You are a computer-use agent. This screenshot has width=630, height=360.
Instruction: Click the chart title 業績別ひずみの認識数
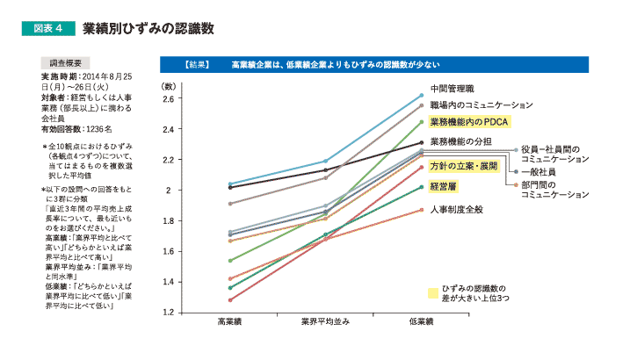coord(148,28)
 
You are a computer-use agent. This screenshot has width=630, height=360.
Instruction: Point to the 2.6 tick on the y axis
coord(170,98)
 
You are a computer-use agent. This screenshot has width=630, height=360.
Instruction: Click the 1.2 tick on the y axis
coord(170,313)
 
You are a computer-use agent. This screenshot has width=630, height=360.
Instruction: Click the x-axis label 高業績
coord(230,325)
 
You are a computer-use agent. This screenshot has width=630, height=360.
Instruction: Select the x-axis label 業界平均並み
coord(325,325)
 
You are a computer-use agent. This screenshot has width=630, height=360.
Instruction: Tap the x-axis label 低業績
coord(422,325)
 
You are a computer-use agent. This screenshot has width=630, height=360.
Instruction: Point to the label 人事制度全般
coord(457,209)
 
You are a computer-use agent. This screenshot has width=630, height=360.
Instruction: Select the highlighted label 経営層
coord(444,186)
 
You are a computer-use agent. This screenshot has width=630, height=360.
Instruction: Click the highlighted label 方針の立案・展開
coord(464,165)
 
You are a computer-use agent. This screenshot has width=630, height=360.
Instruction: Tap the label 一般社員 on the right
coord(539,173)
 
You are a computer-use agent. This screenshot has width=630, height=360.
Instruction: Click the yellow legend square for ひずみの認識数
coord(433,292)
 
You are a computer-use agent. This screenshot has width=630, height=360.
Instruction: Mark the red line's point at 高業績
coord(230,299)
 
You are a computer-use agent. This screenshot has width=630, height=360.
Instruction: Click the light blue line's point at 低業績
coord(422,95)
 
